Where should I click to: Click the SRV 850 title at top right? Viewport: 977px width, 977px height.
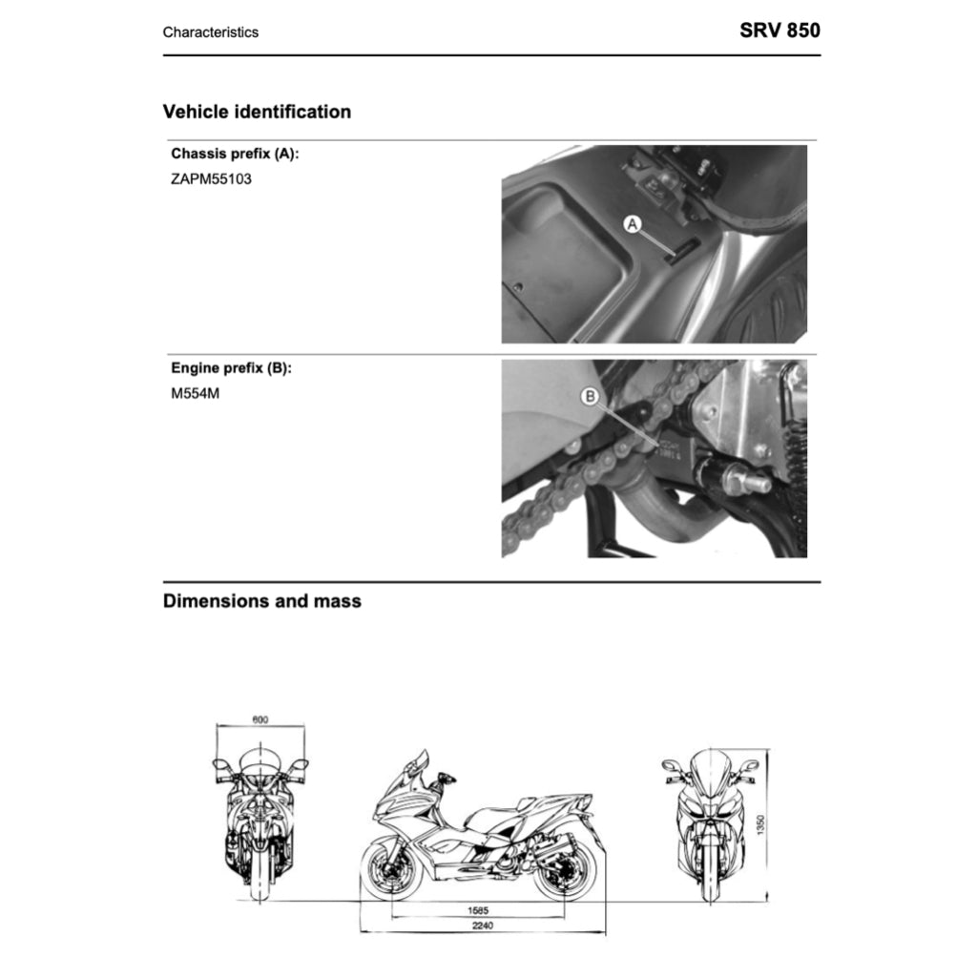[x=780, y=30]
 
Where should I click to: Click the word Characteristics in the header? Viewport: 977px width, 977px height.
[x=210, y=32]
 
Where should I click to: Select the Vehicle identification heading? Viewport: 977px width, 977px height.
[x=257, y=112]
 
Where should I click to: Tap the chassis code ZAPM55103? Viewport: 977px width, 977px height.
[x=212, y=177]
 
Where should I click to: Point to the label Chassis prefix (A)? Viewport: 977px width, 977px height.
[x=235, y=153]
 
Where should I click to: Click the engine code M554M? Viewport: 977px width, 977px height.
[x=195, y=393]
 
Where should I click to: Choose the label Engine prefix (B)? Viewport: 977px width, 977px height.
[x=231, y=368]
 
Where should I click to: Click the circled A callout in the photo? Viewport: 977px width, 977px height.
[x=633, y=224]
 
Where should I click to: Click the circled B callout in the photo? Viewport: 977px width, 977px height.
[x=591, y=396]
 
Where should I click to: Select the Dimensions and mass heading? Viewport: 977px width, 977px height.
[x=262, y=601]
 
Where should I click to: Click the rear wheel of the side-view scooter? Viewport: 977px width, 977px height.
[x=567, y=871]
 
